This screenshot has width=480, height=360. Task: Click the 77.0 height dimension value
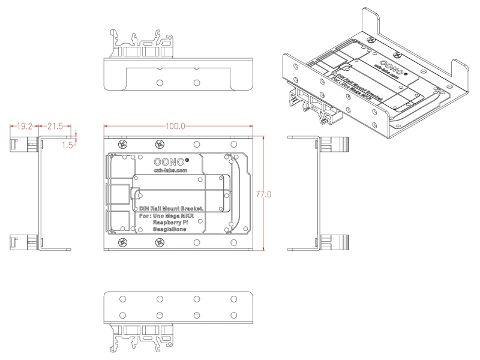pos(265,194)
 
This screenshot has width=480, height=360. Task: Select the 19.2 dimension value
pos(25,127)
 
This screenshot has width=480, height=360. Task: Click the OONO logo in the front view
pos(171,161)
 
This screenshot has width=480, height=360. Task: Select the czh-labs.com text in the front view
pos(171,170)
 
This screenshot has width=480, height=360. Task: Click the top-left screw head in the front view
pos(124,145)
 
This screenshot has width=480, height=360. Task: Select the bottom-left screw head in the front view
pos(124,242)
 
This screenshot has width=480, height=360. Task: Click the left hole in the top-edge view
pos(160,82)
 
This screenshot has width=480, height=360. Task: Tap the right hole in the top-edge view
pos(196,82)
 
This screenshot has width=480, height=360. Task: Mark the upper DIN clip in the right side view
pos(339,144)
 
